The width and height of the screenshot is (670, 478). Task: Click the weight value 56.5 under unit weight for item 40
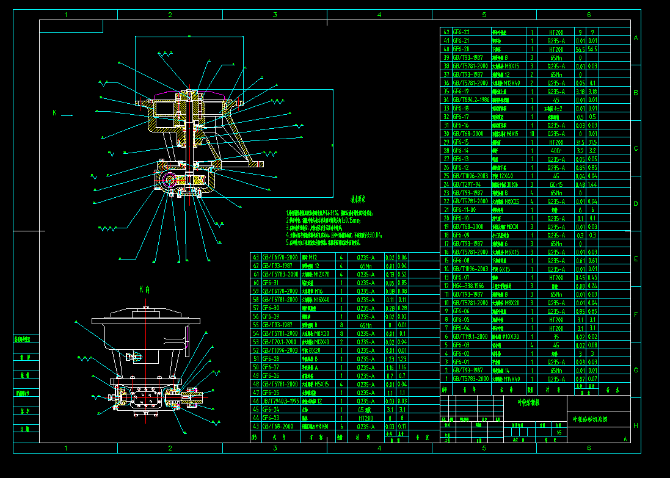pos(580,48)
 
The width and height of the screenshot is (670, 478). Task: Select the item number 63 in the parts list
pos(255,257)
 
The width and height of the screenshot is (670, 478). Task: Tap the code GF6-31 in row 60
pos(271,283)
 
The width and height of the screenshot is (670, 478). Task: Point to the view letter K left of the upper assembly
pos(54,113)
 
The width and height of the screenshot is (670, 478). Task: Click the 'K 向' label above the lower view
pos(145,288)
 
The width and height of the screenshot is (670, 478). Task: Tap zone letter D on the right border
pos(636,203)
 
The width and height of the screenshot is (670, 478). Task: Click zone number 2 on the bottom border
pos(170,448)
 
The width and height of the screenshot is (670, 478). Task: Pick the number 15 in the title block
pos(559,432)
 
